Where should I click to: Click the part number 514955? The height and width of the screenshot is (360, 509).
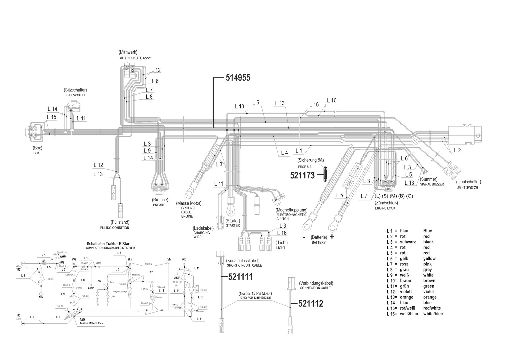click(238, 78)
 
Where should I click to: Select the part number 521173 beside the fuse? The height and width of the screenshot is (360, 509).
click(302, 175)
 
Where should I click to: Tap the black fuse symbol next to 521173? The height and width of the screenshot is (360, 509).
click(325, 174)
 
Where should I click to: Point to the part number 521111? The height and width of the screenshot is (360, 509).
click(240, 277)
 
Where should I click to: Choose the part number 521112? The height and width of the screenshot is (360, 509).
click(311, 304)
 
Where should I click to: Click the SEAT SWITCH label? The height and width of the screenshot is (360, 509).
click(75, 95)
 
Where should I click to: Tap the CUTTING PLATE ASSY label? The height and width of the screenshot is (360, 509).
click(135, 58)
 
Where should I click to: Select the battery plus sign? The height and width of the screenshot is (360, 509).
click(332, 237)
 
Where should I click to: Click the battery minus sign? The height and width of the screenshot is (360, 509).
click(304, 237)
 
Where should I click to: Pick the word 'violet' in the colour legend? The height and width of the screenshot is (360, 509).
click(429, 292)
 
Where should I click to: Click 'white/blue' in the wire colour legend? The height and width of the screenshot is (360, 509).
click(433, 314)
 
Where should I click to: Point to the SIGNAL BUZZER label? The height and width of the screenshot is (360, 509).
click(432, 184)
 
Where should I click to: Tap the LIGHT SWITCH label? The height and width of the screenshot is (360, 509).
click(467, 188)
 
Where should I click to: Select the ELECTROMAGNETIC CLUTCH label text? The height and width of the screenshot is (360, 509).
click(287, 217)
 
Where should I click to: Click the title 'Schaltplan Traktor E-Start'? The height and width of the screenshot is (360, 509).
click(111, 244)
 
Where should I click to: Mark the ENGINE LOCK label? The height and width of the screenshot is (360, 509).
click(385, 208)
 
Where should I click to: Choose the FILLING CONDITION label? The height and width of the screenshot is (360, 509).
click(115, 228)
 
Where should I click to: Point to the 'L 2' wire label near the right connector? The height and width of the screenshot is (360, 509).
click(457, 151)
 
